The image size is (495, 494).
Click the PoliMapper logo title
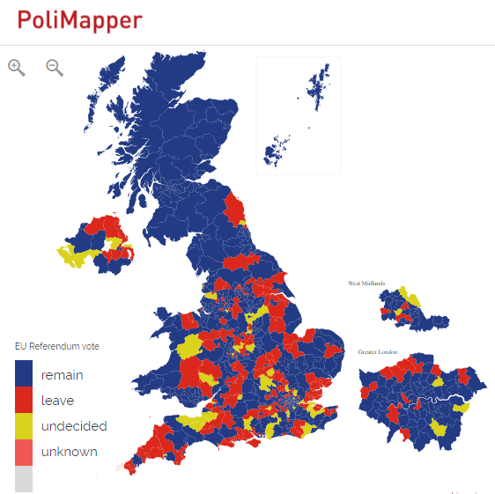[79, 21]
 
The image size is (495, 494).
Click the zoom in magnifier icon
[16, 67]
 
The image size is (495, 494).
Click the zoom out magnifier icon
[55, 67]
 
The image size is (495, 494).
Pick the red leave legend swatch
[24, 401]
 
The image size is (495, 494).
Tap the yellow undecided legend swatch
[24, 426]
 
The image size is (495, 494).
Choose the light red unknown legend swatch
[24, 452]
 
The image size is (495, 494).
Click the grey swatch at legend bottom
[24, 477]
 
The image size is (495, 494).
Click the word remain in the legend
[62, 375]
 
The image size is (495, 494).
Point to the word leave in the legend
[57, 401]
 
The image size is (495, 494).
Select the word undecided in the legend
[74, 426]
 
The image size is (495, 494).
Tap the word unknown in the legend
[69, 452]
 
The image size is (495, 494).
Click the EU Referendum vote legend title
[57, 347]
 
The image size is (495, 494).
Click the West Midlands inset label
[367, 284]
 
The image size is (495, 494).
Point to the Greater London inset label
[378, 351]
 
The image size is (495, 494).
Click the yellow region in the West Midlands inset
[403, 294]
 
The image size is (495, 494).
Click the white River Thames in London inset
[457, 401]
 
